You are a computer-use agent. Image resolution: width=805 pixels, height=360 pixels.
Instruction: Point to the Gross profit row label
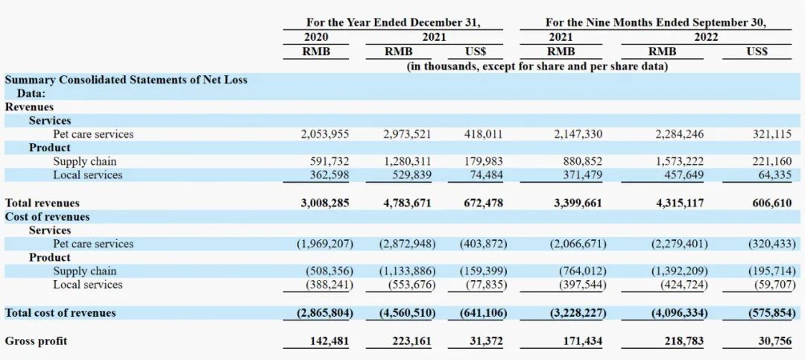tap(36, 341)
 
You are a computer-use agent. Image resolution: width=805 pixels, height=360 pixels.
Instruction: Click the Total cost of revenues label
tap(60, 313)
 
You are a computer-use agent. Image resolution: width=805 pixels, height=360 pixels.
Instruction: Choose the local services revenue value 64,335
tap(774, 174)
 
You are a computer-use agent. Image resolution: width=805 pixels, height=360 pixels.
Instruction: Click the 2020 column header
tap(316, 37)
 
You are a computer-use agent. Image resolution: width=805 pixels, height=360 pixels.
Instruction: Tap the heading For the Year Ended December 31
tap(394, 22)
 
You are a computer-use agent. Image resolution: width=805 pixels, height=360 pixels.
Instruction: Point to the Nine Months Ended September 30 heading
tap(656, 22)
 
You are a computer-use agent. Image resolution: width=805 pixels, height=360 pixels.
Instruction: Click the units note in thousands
tap(537, 66)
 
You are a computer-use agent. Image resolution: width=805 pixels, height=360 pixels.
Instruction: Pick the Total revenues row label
tap(42, 203)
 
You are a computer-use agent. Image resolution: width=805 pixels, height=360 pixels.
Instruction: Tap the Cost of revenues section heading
tap(47, 216)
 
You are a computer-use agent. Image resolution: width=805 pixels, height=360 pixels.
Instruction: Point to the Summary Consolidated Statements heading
tap(126, 80)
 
